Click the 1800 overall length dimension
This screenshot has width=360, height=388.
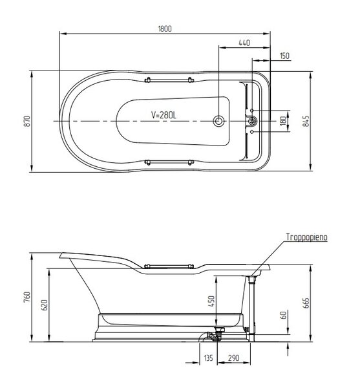point(165,28)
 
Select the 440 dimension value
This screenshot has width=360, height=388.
point(244,43)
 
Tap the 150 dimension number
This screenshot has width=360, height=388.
point(284,56)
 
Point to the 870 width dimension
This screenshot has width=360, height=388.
point(27,122)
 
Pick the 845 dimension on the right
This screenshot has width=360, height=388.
point(306,122)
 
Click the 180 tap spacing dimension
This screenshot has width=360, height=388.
point(283,121)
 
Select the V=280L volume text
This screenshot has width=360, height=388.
point(164,115)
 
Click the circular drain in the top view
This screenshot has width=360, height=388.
point(218,122)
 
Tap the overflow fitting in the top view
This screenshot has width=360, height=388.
point(252,122)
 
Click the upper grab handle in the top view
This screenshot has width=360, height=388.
point(169,80)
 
